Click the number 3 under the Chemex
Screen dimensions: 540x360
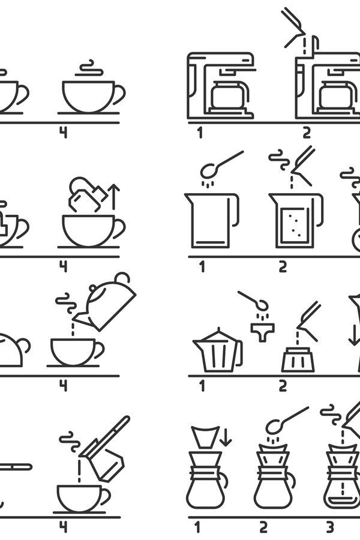tap(329, 527)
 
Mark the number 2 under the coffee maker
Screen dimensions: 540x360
tap(307, 132)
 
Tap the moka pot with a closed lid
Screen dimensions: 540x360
tap(215, 351)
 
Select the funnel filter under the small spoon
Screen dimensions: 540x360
tap(262, 331)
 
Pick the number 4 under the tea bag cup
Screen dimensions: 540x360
tap(63, 265)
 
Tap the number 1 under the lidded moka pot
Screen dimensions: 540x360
tap(202, 385)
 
